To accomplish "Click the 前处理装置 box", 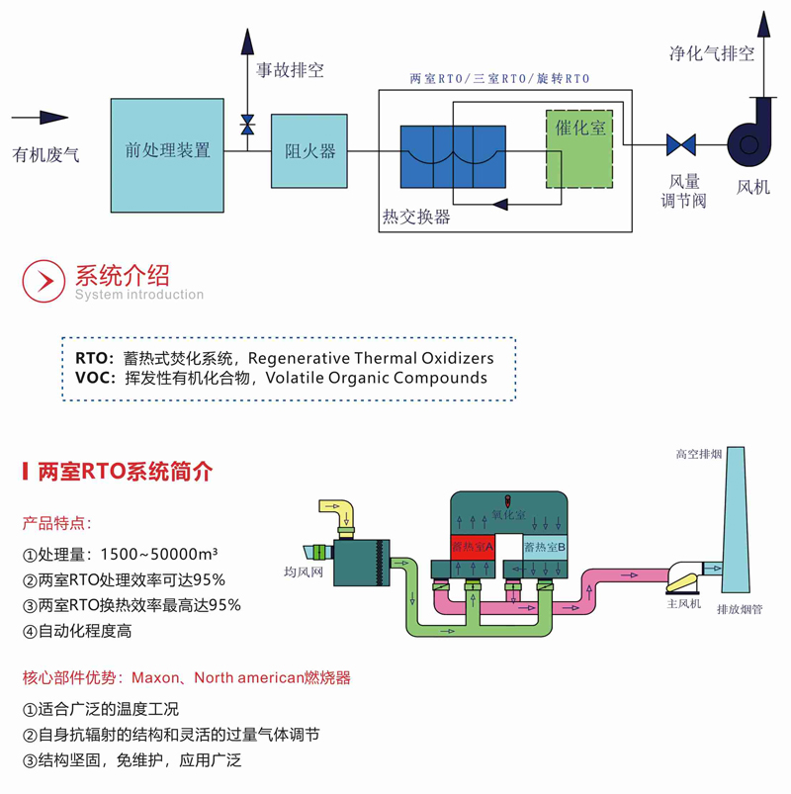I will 167,150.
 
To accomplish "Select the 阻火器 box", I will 309,151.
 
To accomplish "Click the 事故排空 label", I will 291,71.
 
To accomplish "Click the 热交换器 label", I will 416,217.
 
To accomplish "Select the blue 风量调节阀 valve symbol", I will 680,144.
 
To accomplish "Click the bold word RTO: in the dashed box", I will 94,358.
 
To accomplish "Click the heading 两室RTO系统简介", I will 124,472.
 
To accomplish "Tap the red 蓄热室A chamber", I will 472,546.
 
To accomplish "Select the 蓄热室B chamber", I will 545,546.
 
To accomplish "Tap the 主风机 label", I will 682,603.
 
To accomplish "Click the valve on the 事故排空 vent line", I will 247,126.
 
